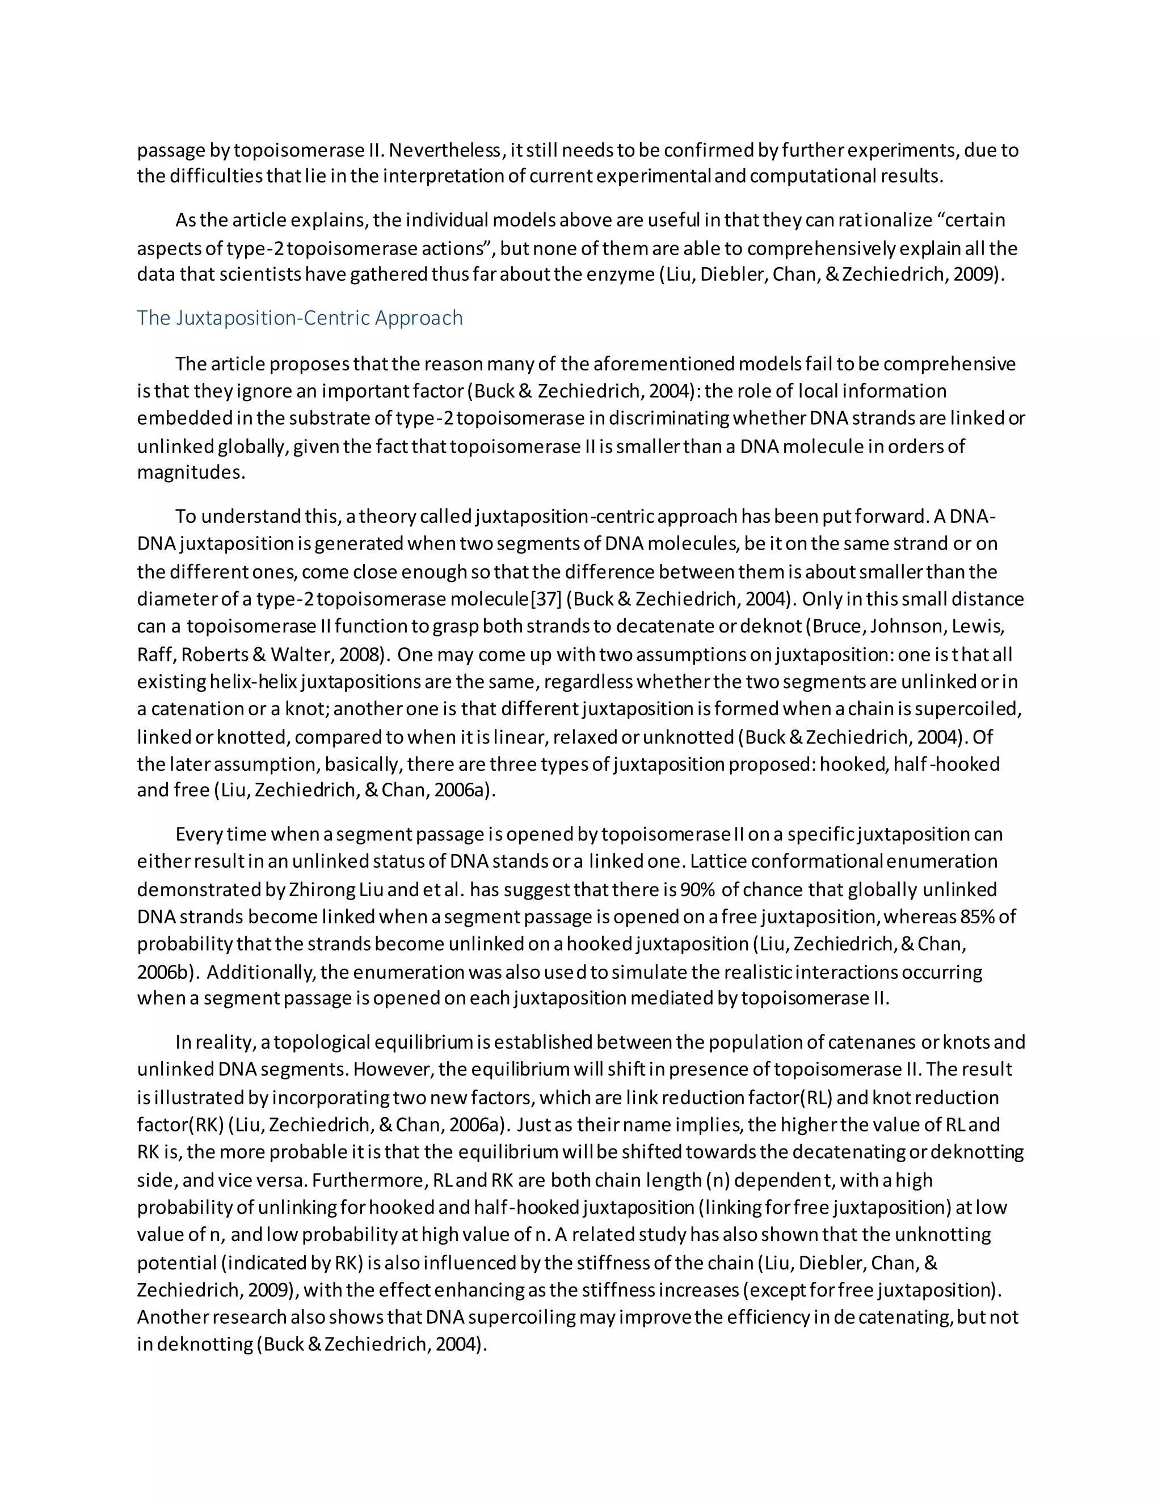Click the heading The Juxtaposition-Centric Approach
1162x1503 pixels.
[300, 318]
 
